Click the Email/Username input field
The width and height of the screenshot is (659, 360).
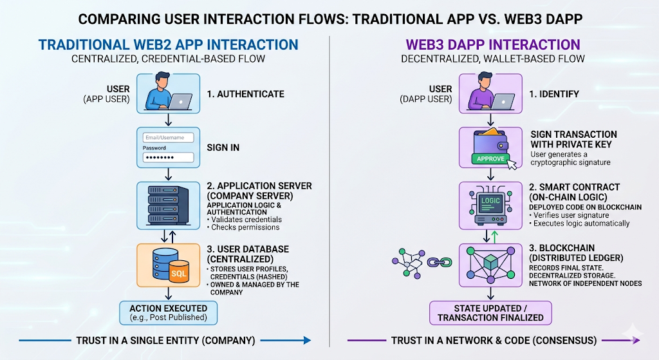coord(168,137)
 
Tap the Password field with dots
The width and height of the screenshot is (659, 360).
coord(168,157)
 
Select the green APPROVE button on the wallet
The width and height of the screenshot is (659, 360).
coord(490,158)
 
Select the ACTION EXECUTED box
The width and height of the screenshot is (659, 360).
coord(169,312)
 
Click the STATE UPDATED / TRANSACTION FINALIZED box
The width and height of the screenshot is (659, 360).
coord(490,312)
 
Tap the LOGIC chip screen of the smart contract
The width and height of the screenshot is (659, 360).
coord(490,201)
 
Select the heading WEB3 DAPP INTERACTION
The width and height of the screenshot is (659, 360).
coord(492,45)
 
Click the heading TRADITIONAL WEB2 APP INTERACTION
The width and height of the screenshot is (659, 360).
coord(169,45)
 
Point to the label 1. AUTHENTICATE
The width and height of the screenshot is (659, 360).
coord(245,94)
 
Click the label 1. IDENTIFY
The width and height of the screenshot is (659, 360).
coord(554,94)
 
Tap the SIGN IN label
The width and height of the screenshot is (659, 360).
coord(223,147)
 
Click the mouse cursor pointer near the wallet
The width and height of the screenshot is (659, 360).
coord(513,164)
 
